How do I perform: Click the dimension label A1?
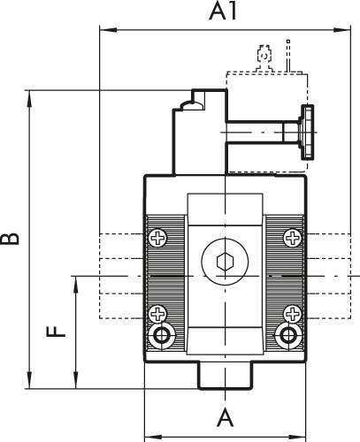tap(223, 12)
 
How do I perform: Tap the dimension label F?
tap(56, 331)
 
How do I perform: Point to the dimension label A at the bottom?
tap(225, 417)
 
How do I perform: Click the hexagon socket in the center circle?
tap(225, 261)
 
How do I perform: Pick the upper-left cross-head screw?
tap(158, 238)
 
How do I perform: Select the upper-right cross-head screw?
tap(293, 238)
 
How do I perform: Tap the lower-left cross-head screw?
tap(158, 314)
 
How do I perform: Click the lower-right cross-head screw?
tap(293, 314)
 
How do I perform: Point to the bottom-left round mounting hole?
tap(162, 336)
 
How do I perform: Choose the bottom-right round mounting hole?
tap(287, 336)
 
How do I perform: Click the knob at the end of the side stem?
tap(307, 133)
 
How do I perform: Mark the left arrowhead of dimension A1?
tap(109, 30)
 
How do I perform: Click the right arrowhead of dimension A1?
tap(342, 30)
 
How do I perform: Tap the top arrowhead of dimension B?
tap(29, 99)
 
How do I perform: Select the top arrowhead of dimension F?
tap(76, 285)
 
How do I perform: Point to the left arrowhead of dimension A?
tap(153, 437)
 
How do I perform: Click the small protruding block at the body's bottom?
tap(226, 376)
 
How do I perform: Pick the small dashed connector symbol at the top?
tap(264, 57)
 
